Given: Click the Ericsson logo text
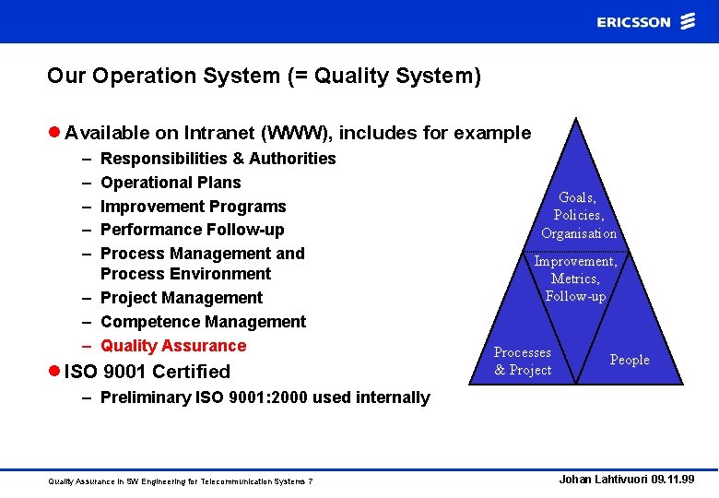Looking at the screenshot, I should pos(633,21).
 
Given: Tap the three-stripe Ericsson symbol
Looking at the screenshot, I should pos(688,21).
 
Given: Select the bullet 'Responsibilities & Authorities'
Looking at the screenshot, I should pos(218,159).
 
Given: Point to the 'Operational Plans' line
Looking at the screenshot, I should pos(171,183).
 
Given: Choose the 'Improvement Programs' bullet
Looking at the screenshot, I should pos(193,207).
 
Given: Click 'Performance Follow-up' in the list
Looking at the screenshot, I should pos(192,230).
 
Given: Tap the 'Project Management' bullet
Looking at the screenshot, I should pos(182,298).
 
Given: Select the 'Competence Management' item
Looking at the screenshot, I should pos(203,322).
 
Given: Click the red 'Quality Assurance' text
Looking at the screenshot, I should pos(173,346).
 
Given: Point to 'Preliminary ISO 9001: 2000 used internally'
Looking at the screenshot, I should pos(265,397).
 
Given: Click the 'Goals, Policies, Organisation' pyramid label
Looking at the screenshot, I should pos(578,215).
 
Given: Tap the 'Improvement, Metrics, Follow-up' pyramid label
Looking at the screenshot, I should pos(575,279).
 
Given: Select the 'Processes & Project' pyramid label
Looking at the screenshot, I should pos(523,361).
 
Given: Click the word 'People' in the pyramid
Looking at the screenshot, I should pos(630,360).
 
